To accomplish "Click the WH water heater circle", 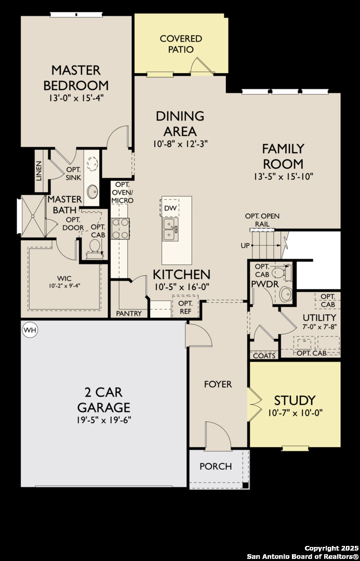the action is pos(30,330).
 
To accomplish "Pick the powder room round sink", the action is pos(286,294).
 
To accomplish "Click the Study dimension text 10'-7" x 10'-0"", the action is pos(295,412).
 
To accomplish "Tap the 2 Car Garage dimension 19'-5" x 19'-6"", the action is pos(104,420).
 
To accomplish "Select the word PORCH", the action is pos(216,466).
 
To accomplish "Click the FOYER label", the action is pos(218,384).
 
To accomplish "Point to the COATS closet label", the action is pos(264,356).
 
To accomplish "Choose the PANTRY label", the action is pos(129,313).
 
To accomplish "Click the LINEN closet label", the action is pos(39,170).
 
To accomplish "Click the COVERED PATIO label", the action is pos(181,44).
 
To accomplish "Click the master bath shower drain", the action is pos(33,216).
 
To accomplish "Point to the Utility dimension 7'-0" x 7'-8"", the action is pos(319,327).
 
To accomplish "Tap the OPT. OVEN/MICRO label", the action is pos(122,193).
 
